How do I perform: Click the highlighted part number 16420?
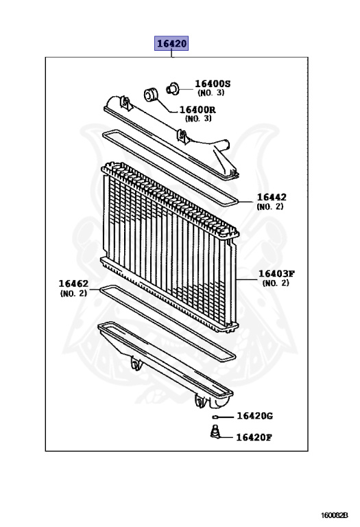[171, 43]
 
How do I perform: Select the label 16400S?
[213, 84]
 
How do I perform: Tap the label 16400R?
[197, 110]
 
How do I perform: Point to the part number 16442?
[272, 197]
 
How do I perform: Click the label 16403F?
[276, 274]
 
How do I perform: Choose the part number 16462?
[73, 283]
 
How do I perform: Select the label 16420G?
[254, 416]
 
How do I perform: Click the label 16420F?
[254, 437]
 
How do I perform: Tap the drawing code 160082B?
[334, 515]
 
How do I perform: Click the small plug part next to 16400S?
[173, 89]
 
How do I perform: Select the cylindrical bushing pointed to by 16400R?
[151, 95]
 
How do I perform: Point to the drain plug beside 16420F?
[215, 432]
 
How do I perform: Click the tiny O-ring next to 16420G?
[215, 417]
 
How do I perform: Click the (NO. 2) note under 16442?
[270, 207]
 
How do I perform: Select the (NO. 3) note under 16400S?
[211, 93]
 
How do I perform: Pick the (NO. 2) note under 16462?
[73, 293]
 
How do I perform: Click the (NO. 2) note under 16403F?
[276, 283]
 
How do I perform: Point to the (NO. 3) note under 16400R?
[198, 119]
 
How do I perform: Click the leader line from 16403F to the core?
[246, 279]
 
